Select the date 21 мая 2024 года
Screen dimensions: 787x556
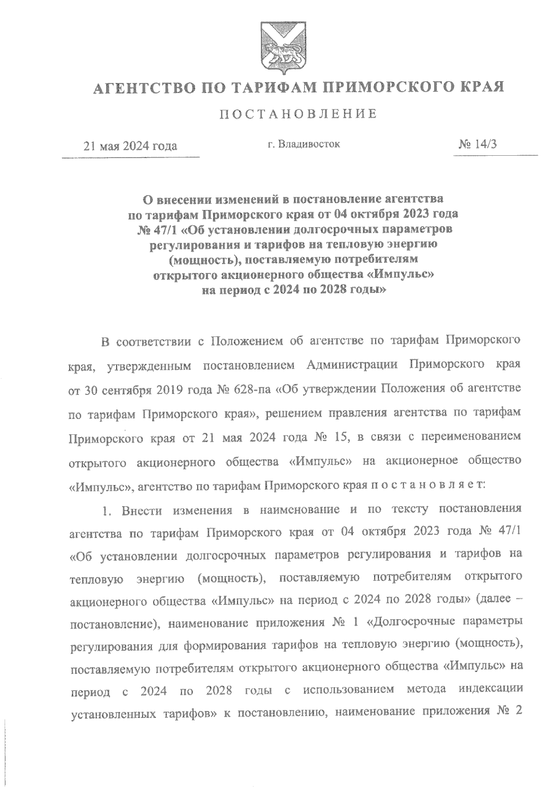(130, 146)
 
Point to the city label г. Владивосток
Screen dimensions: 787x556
(304, 144)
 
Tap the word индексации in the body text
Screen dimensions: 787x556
(491, 689)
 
